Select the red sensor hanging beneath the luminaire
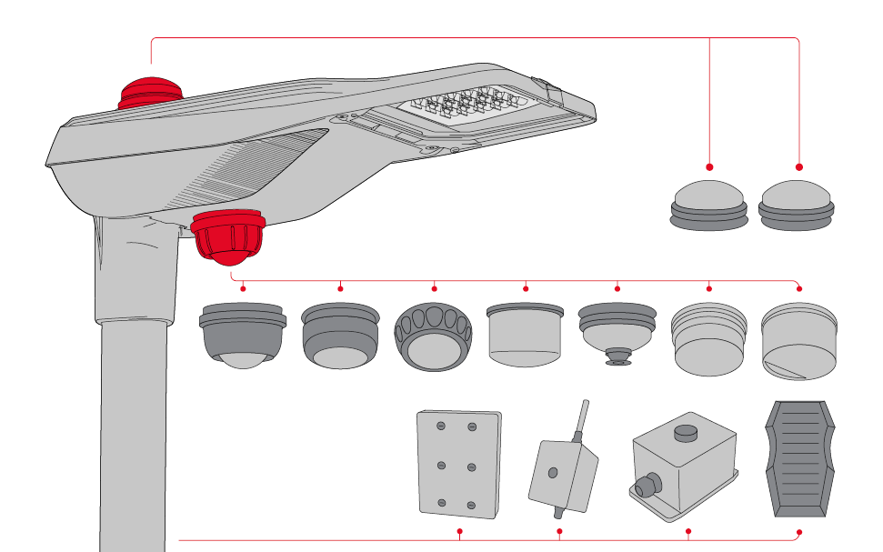click(x=228, y=236)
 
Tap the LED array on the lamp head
click(x=460, y=108)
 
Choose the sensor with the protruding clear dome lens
click(x=242, y=336)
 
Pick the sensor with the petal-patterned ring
click(x=434, y=337)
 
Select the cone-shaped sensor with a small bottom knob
click(x=617, y=332)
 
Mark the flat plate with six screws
click(x=459, y=464)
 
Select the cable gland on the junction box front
click(x=646, y=487)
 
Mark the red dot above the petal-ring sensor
click(x=434, y=288)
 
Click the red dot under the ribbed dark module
click(x=799, y=531)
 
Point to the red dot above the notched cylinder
click(x=799, y=288)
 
